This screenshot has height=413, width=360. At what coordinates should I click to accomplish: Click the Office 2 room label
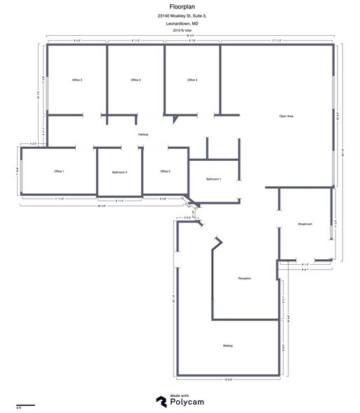77,80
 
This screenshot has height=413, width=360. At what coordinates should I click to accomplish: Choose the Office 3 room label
135,80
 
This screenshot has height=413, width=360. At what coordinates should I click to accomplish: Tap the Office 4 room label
192,80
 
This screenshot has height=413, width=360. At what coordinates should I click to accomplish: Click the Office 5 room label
165,171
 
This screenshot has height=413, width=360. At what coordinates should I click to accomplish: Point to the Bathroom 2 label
119,172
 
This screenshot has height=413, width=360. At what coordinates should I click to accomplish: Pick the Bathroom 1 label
214,180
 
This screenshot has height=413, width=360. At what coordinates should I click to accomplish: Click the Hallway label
143,134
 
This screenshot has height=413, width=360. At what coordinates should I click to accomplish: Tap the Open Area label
286,116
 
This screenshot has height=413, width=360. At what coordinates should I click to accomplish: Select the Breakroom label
305,224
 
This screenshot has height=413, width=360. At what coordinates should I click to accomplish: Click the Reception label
245,279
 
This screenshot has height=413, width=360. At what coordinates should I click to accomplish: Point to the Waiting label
228,346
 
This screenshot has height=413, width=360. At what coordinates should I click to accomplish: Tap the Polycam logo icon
161,400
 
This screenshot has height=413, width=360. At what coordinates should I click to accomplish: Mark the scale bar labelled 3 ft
26,405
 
